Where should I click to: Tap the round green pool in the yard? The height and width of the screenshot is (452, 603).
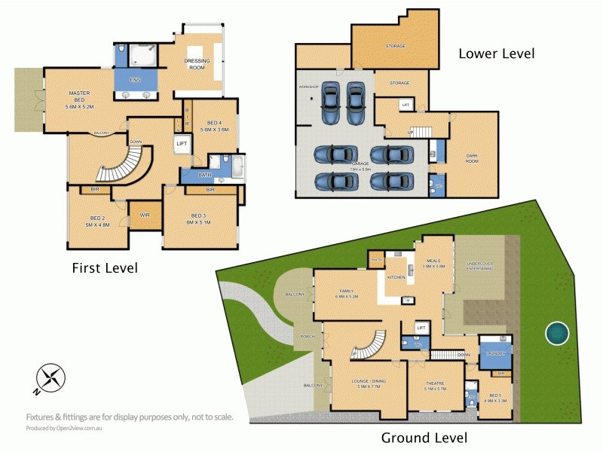click(558, 333)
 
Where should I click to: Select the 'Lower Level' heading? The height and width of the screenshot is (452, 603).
click(496, 53)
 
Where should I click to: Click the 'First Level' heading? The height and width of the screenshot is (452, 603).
click(105, 267)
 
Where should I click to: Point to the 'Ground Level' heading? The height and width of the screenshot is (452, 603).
click(424, 438)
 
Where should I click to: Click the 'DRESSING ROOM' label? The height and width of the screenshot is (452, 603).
click(197, 63)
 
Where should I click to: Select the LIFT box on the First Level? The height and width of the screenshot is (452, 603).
click(182, 143)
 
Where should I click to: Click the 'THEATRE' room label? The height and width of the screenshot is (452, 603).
click(436, 385)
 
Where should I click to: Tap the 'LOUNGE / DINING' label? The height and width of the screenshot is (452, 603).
click(369, 384)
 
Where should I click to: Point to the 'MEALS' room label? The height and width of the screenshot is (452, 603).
click(435, 261)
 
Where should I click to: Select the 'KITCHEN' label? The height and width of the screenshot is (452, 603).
click(396, 277)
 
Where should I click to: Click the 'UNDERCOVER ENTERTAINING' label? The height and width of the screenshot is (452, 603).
click(479, 266)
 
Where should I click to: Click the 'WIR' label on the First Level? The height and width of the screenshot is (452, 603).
click(145, 215)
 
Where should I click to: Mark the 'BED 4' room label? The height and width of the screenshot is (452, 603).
click(214, 125)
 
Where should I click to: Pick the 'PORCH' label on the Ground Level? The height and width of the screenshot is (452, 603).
click(308, 336)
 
